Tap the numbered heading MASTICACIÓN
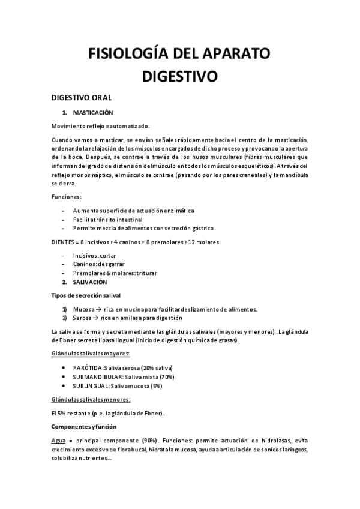click(93, 113)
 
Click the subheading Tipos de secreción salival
click(86, 295)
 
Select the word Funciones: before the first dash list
click(67, 197)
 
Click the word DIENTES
click(64, 242)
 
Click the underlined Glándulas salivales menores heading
click(91, 399)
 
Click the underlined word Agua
click(59, 440)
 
